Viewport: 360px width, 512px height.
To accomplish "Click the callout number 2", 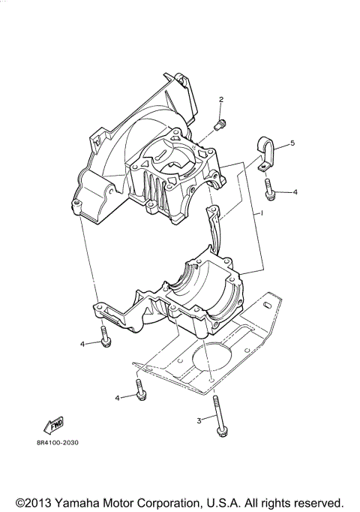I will [222, 100].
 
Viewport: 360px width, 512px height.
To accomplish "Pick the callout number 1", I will [262, 214].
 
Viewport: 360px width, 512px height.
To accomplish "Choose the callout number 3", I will [199, 420].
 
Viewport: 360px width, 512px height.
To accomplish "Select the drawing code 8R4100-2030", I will [57, 442].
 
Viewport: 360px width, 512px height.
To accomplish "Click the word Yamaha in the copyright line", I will [104, 501].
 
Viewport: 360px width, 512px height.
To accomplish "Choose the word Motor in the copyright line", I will [149, 501].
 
